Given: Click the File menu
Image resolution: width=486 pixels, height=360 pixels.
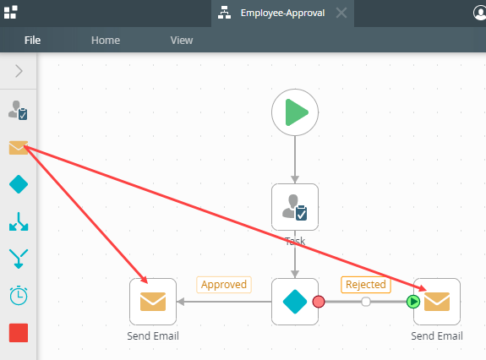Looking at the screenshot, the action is click(33, 41).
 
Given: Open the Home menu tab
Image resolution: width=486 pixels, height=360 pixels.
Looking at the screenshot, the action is click(106, 41).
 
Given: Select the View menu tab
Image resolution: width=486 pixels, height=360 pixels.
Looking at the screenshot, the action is click(182, 41).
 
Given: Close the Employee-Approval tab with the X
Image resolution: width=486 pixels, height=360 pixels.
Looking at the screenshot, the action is click(341, 13).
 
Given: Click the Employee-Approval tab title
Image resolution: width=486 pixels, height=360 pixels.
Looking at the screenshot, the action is click(282, 13).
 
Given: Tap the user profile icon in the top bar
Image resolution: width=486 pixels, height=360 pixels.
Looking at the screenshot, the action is click(480, 13).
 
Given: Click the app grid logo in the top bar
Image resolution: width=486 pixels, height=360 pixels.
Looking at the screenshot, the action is click(10, 13).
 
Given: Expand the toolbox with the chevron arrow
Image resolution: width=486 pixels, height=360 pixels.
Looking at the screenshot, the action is click(19, 71).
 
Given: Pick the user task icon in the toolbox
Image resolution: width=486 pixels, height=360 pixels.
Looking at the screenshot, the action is click(18, 110).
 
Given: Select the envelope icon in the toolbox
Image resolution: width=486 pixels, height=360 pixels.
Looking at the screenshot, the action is click(19, 148).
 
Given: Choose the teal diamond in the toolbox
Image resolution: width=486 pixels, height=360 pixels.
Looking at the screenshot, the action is click(19, 184).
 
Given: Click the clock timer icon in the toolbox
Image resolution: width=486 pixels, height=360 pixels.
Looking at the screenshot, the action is click(19, 295).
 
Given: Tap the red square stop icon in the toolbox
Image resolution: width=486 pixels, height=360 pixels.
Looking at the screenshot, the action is click(19, 333).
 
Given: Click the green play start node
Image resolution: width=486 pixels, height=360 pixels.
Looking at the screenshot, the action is click(295, 112).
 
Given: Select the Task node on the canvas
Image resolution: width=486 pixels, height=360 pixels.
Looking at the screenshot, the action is click(295, 207).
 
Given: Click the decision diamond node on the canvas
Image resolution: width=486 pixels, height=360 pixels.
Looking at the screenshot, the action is click(295, 302).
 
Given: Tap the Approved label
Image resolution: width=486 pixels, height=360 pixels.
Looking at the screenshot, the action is click(224, 285).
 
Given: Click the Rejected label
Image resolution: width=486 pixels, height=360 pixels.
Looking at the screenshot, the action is click(366, 285).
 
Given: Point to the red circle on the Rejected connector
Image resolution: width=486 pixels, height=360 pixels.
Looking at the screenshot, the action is click(319, 302).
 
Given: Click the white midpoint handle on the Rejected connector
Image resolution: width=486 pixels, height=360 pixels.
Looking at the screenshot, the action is click(366, 302).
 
